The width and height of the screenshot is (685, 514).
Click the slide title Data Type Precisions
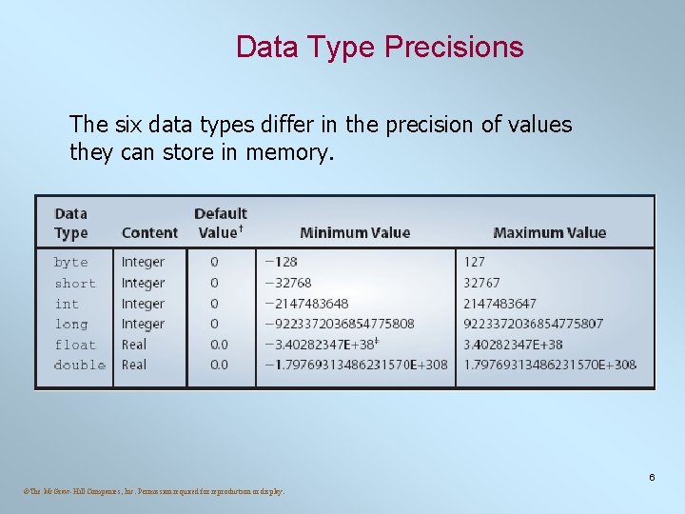(380, 47)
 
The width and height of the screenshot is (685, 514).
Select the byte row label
(70, 262)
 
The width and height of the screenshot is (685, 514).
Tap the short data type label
(74, 283)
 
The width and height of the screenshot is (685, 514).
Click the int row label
(67, 304)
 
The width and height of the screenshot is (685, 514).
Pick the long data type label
(70, 324)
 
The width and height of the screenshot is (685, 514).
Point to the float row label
(74, 345)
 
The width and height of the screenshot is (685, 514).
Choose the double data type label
(79, 365)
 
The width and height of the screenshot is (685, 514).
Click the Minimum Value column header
(355, 232)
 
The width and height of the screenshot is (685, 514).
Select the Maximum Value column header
(549, 232)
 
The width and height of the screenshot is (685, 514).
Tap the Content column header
(149, 232)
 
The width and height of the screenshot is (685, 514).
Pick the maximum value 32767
(481, 283)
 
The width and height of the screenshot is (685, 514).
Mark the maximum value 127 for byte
(475, 262)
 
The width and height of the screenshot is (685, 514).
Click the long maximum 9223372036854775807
(533, 324)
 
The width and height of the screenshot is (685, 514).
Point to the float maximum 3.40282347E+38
(513, 345)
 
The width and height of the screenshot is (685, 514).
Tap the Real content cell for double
(134, 365)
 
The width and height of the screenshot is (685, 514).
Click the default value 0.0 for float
(219, 345)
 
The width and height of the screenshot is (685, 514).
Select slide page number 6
(652, 477)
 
